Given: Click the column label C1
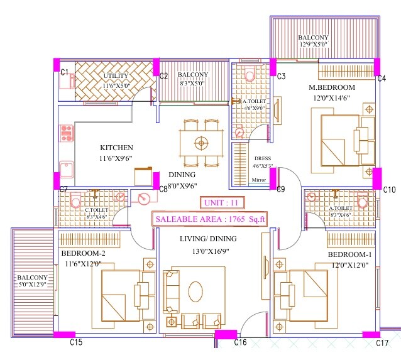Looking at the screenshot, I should point(63,73).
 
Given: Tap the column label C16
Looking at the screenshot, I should point(240,342).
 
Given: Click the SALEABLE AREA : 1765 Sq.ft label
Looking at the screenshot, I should point(211,219).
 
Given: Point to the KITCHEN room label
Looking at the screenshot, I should point(116,148).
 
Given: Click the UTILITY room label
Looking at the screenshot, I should point(116,77).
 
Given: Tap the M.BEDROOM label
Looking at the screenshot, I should point(332,87).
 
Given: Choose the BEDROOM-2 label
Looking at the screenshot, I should point(83,253).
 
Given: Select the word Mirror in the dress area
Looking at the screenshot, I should point(259,180).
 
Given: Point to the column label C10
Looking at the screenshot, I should point(389,190).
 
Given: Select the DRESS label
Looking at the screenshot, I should point(261,159).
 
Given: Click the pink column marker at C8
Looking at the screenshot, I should point(155,180).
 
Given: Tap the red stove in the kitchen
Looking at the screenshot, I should point(67,133).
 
